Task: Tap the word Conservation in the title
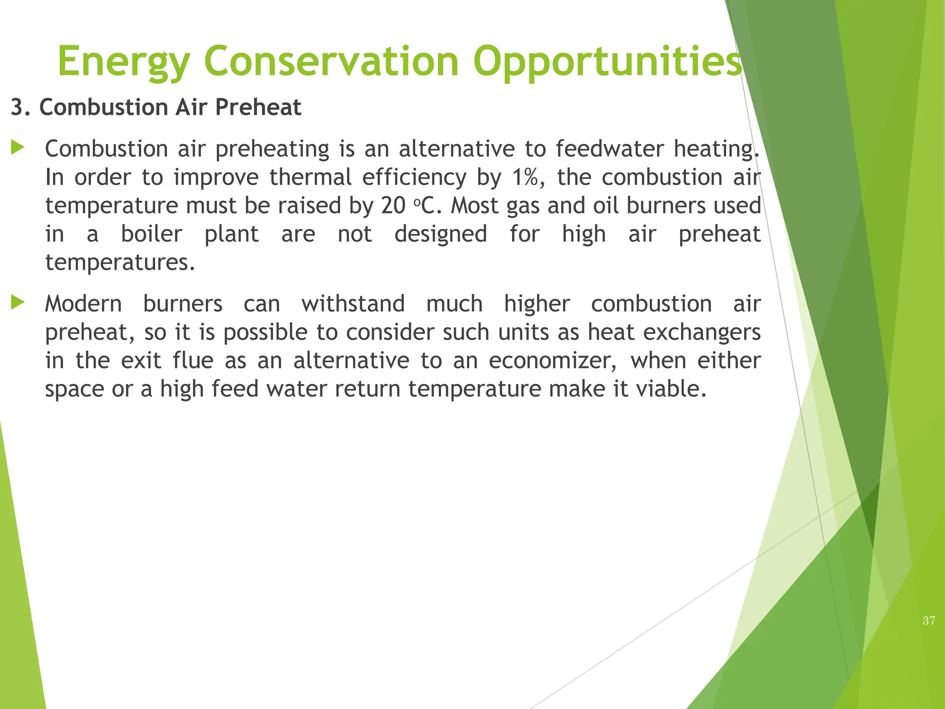click(x=331, y=61)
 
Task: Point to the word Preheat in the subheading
click(x=257, y=108)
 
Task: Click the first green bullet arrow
click(x=18, y=148)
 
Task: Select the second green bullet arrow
click(x=18, y=303)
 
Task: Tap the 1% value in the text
click(x=525, y=177)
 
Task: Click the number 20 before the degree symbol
click(x=393, y=206)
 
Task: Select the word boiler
click(x=151, y=234)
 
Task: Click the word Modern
click(x=84, y=304)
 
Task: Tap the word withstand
click(x=353, y=304)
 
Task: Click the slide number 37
click(x=929, y=621)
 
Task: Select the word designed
click(x=440, y=234)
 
